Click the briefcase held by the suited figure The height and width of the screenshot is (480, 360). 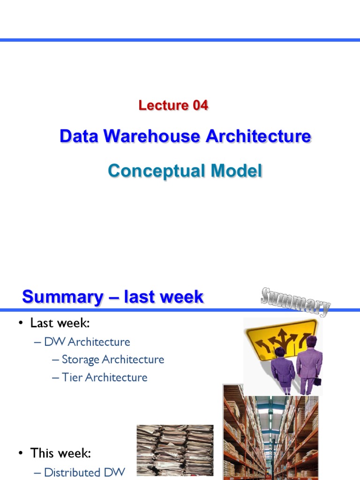[317, 381]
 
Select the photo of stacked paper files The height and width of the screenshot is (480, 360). [175, 450]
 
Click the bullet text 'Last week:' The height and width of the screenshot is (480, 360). [60, 323]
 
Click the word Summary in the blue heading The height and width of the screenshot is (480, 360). [63, 297]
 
